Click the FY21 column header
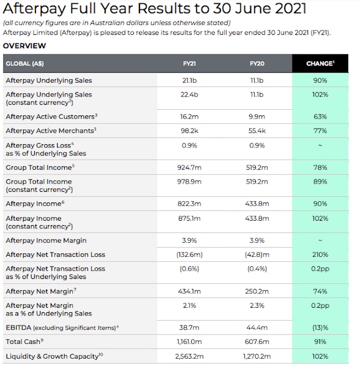tap(189, 64)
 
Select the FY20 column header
tap(256, 64)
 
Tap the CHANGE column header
tap(320, 64)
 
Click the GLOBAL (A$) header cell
tap(25, 64)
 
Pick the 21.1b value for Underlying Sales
tap(189, 80)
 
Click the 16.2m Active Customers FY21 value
tap(189, 116)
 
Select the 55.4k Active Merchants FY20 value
tap(256, 131)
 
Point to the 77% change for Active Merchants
tap(320, 131)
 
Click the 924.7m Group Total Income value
tap(189, 167)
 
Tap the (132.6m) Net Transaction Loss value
tap(189, 255)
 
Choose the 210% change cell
tap(320, 255)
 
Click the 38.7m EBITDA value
tap(189, 327)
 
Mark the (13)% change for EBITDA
tap(320, 327)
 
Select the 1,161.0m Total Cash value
tap(189, 342)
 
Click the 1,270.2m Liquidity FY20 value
tap(256, 356)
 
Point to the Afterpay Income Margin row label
tap(46, 241)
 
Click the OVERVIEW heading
tap(24, 46)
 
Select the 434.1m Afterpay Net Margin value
tap(189, 291)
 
